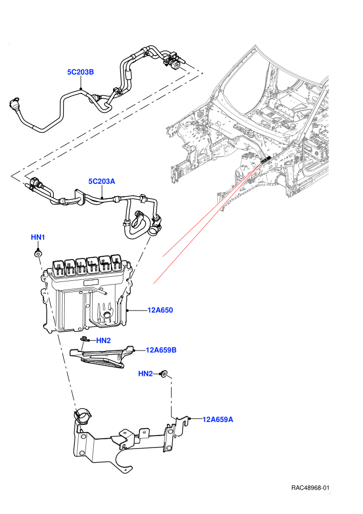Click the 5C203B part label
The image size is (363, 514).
[x=80, y=72]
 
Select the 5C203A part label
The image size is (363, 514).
[x=102, y=181]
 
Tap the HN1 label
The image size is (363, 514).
[x=38, y=237]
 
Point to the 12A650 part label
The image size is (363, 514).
[x=160, y=310]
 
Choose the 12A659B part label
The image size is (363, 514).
[x=161, y=350]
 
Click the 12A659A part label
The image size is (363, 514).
[x=218, y=420]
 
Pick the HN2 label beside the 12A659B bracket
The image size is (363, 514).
[x=103, y=340]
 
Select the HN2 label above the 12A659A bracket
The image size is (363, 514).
[x=145, y=374]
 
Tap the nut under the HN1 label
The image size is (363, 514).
[x=38, y=254]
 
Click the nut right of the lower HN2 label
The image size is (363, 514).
[x=164, y=373]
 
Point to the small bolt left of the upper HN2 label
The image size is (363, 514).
[x=84, y=339]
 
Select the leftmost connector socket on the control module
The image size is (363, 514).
[x=59, y=267]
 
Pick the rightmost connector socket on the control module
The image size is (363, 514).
[x=117, y=263]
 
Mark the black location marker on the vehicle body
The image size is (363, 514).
[x=266, y=159]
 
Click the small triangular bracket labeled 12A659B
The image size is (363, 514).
[x=102, y=357]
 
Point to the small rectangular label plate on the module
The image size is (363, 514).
[x=91, y=282]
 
